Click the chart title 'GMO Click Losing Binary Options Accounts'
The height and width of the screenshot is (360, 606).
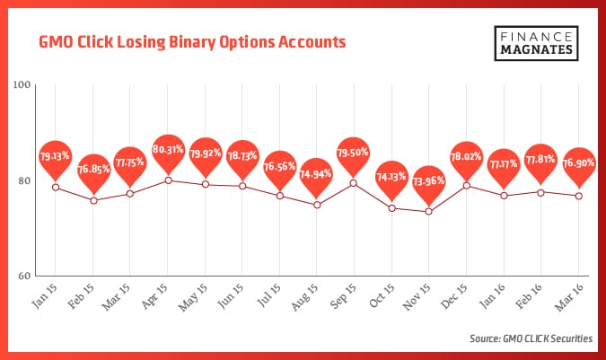(x=191, y=42)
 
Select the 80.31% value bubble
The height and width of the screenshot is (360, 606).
(x=169, y=149)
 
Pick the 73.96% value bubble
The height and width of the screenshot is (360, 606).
(x=429, y=180)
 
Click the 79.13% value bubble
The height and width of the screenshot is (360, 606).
(x=56, y=156)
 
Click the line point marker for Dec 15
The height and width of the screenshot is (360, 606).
(x=466, y=186)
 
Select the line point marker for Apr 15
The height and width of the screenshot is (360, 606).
(x=168, y=180)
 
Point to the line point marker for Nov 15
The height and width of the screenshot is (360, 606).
(x=429, y=212)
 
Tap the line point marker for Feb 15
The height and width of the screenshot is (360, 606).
(x=93, y=200)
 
